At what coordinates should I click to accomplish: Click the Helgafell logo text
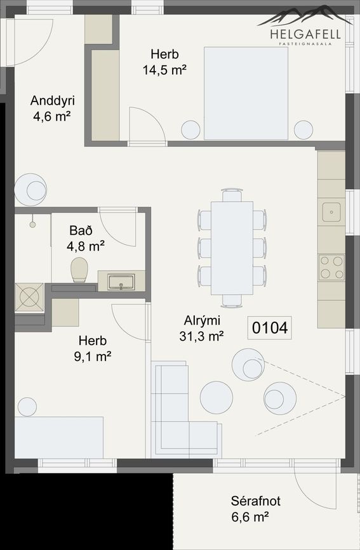coord(305,34)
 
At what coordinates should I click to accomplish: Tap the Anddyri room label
coord(52,101)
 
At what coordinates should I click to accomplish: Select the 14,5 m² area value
coord(164,70)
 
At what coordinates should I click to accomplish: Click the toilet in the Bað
coord(79,270)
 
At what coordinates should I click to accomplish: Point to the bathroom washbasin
coord(121,282)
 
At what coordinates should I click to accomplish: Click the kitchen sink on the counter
coord(331,212)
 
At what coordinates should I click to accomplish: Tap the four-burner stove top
coord(331,268)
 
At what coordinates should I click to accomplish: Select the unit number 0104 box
coord(270,328)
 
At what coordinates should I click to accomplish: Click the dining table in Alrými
coord(232,248)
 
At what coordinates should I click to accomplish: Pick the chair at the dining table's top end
coord(232,195)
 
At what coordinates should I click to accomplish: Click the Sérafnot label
coord(256,501)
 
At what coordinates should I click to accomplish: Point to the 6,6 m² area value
coord(250,517)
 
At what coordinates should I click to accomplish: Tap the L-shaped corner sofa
coord(183,410)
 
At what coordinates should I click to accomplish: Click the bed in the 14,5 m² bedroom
coord(246,93)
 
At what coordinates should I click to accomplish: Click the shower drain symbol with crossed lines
coord(29,298)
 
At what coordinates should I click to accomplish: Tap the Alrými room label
coord(202,321)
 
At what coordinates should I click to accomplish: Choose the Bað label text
coord(81,230)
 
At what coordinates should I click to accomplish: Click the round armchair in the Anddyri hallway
coord(30,190)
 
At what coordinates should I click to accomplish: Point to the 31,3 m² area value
coord(202,336)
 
